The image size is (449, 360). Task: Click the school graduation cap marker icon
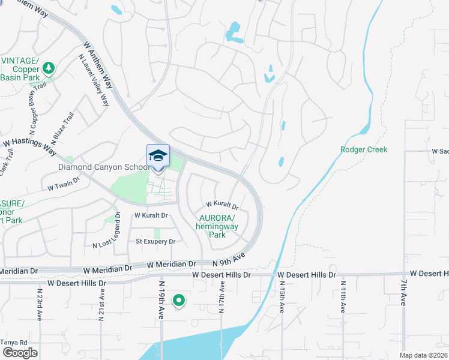coord(158,156)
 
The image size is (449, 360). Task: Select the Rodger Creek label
coord(364,149)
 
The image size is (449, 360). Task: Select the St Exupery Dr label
coord(155,241)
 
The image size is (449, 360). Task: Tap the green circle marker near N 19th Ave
coord(178,300)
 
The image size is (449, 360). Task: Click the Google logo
coord(20,353)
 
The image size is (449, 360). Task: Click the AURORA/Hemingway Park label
coord(218,226)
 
